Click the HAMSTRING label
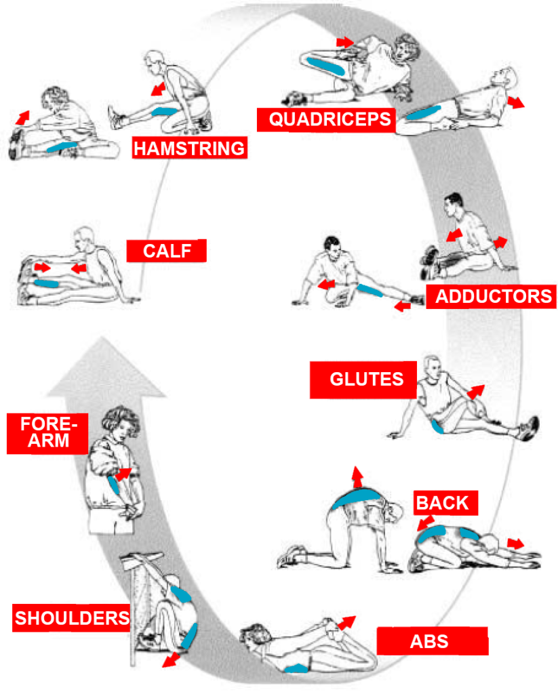click(189, 148)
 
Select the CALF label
click(166, 251)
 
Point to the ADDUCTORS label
click(493, 296)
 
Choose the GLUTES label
click(365, 380)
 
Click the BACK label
click(442, 503)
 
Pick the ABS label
click(432, 640)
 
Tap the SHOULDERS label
click(73, 618)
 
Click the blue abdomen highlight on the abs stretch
click(296, 668)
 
